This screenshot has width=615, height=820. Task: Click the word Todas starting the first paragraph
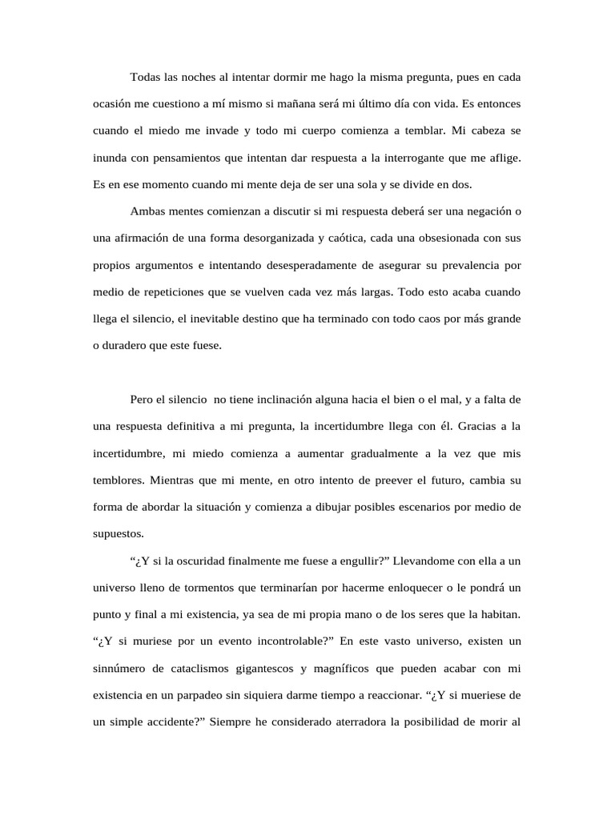(x=145, y=77)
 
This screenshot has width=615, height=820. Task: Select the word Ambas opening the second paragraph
(x=147, y=211)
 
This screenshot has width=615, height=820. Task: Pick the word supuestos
(x=119, y=533)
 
